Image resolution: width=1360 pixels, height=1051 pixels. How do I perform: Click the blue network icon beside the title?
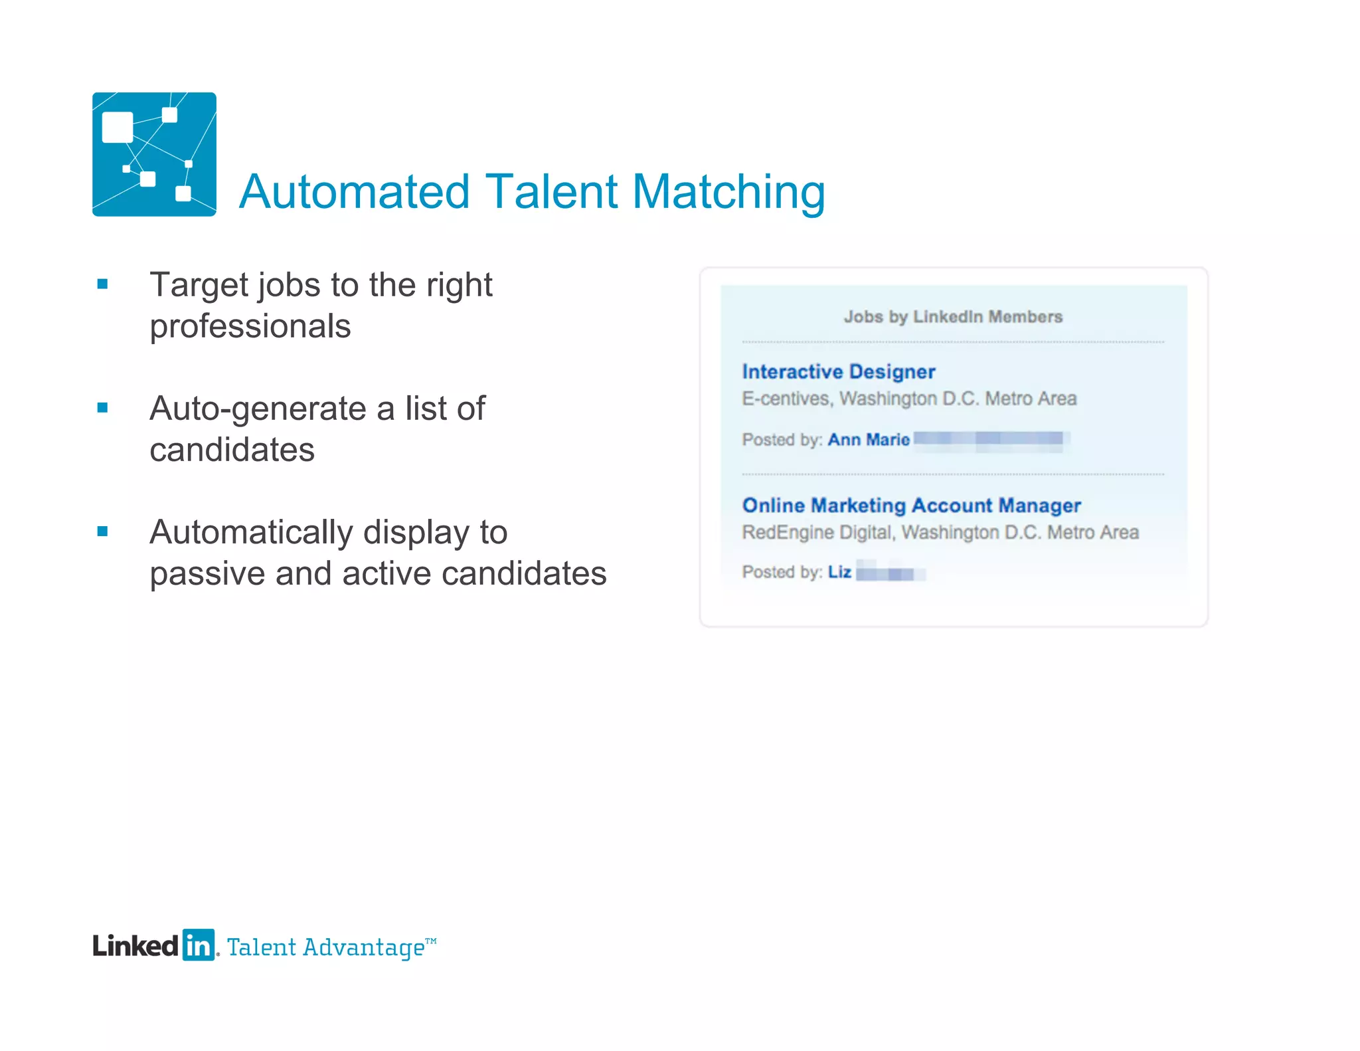pos(154,154)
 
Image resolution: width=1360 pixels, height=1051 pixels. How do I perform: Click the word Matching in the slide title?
pos(728,193)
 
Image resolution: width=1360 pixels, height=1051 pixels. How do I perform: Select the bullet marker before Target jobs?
pos(102,284)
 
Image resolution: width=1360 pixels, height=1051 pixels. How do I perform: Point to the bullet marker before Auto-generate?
pos(102,408)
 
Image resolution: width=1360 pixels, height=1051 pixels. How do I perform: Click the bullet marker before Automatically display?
pos(102,531)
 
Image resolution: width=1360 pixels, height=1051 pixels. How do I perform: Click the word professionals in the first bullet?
pos(250,327)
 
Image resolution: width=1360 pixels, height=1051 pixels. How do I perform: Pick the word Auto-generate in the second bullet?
pos(257,409)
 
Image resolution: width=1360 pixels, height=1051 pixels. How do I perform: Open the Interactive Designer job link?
pos(838,372)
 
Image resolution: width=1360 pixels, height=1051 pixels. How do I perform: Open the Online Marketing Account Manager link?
pos(911,506)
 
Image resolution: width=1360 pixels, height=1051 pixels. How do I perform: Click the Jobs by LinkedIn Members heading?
pos(953,317)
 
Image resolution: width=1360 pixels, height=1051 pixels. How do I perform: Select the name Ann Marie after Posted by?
pos(869,440)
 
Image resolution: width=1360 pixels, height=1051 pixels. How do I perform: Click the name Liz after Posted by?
pos(839,572)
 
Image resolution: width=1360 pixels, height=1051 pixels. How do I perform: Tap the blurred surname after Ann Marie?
pos(989,439)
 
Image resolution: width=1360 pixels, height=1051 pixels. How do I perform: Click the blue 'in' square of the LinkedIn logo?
pos(199,945)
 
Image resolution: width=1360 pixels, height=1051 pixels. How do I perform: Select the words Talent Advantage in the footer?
pos(326,947)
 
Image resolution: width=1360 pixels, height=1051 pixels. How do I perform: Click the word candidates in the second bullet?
pos(232,450)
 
